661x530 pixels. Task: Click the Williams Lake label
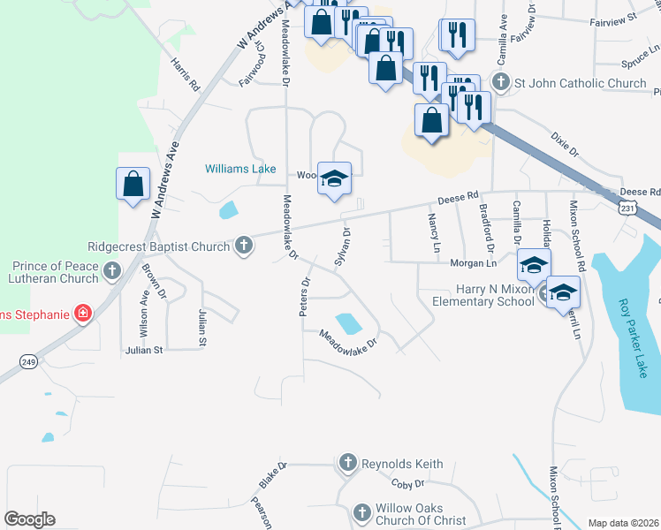(240, 169)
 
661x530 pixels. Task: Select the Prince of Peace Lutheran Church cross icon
(112, 270)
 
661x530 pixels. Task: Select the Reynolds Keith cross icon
(348, 463)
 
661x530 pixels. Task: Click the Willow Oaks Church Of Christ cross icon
(361, 512)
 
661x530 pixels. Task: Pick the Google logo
(30, 519)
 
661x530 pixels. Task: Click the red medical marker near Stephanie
(83, 313)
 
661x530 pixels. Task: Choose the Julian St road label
(145, 350)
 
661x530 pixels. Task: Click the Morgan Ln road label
(472, 263)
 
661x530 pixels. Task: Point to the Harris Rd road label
(186, 75)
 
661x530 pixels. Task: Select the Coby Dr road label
(408, 484)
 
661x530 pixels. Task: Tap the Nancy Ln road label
(433, 232)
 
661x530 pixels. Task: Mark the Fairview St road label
(618, 18)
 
